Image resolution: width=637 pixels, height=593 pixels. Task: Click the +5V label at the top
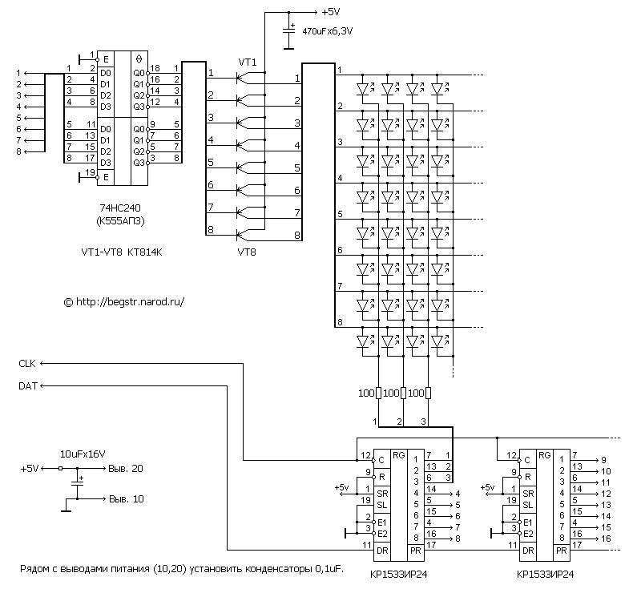click(x=331, y=12)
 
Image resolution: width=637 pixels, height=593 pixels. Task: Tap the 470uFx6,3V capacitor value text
click(x=328, y=31)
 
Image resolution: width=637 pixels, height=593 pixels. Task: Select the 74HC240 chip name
click(x=120, y=208)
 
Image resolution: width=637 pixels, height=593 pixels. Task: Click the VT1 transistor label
click(x=248, y=63)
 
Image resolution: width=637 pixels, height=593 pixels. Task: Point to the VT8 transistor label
click(x=247, y=252)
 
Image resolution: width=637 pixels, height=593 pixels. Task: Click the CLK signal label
click(x=27, y=364)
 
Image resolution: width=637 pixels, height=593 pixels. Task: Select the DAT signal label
click(x=28, y=386)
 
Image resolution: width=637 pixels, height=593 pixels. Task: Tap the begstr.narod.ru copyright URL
click(x=124, y=302)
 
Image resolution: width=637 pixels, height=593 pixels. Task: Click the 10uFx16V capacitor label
click(x=83, y=454)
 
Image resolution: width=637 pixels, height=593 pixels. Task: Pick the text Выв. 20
click(x=126, y=468)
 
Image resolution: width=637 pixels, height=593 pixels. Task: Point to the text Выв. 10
click(x=127, y=498)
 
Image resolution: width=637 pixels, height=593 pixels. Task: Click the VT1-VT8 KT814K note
click(x=122, y=252)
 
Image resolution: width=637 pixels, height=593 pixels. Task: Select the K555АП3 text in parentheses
click(x=120, y=221)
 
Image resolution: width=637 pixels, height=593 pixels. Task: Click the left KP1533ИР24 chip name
click(x=398, y=575)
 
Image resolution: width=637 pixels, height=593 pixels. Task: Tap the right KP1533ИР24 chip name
click(x=545, y=575)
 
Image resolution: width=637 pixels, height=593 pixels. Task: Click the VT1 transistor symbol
click(x=244, y=78)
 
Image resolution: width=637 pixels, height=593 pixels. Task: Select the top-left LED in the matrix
click(x=363, y=88)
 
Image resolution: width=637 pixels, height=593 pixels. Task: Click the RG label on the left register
click(x=398, y=455)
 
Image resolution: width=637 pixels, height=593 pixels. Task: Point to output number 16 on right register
click(x=606, y=539)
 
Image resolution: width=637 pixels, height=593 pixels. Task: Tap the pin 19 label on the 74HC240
click(x=90, y=172)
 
